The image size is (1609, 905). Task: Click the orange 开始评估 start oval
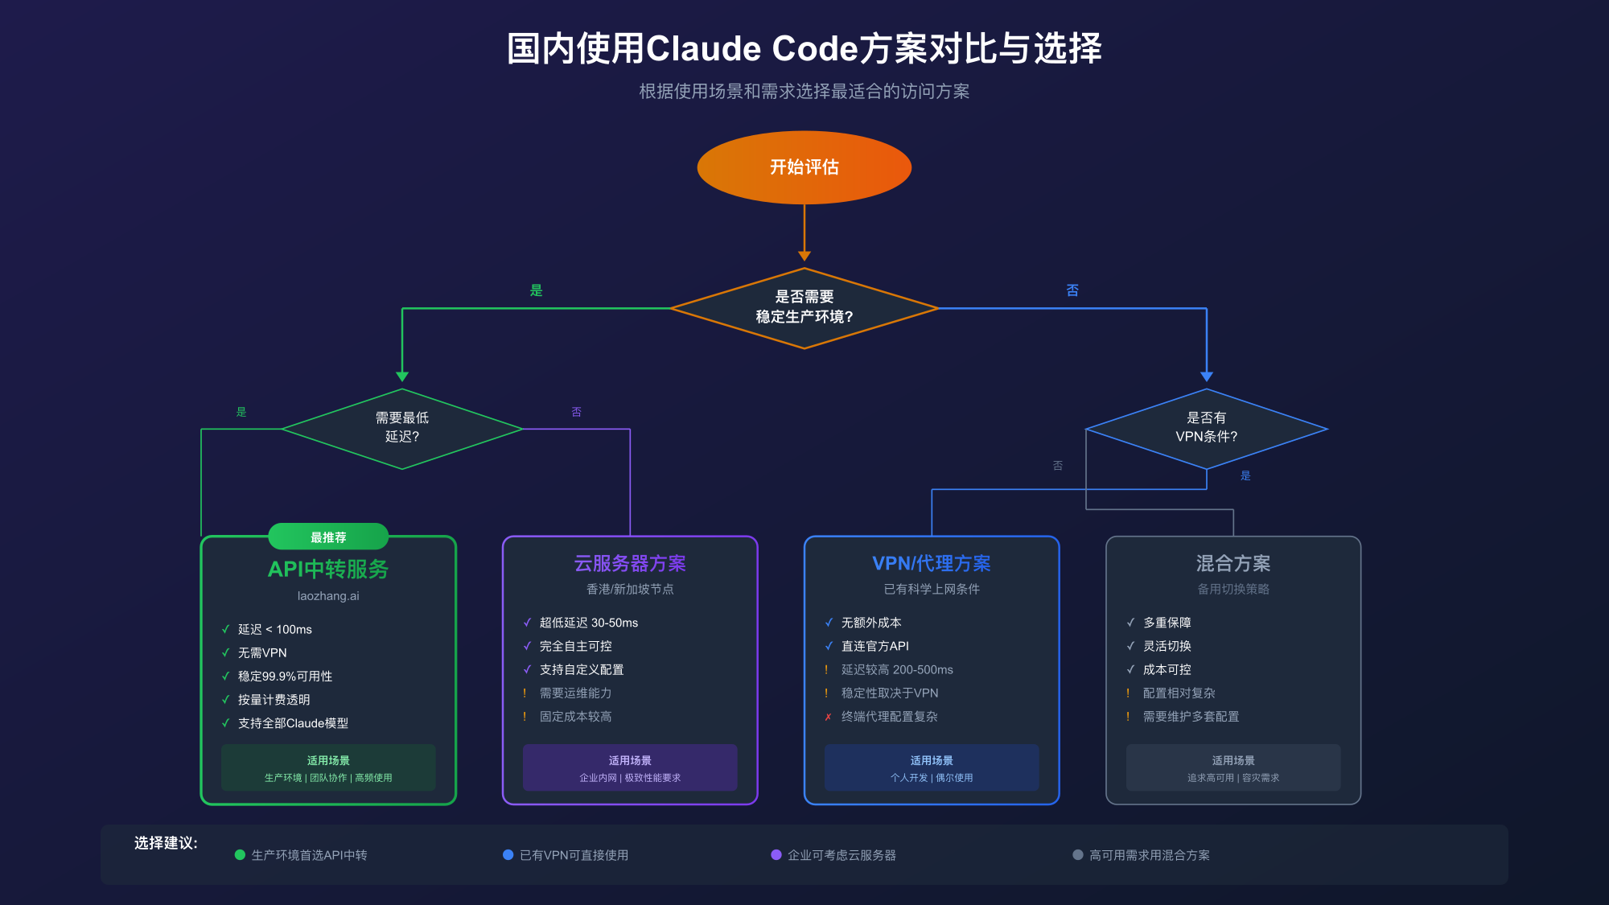(x=804, y=167)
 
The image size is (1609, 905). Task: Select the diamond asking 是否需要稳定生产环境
(x=804, y=307)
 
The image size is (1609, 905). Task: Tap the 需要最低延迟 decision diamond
(x=401, y=428)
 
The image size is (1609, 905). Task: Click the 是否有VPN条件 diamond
(x=1206, y=428)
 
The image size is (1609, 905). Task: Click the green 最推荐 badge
(x=328, y=537)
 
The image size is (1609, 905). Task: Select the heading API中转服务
(x=328, y=570)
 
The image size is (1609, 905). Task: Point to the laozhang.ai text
(x=328, y=596)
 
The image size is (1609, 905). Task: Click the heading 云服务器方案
(x=630, y=563)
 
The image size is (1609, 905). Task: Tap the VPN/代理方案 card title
(x=932, y=563)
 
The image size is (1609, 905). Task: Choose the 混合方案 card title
(x=1233, y=563)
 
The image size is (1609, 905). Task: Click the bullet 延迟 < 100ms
(x=274, y=630)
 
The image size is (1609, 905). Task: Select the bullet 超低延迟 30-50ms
(x=588, y=623)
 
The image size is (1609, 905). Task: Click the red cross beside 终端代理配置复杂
(x=828, y=717)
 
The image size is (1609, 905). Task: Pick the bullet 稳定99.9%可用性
(x=285, y=677)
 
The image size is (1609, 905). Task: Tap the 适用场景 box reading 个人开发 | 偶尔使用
(x=932, y=767)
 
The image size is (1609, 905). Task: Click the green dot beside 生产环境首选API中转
(x=240, y=855)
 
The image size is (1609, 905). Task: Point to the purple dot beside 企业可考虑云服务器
(x=776, y=855)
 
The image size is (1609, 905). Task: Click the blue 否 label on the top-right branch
(x=1072, y=290)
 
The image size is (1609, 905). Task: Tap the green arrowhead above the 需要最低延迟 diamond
(x=402, y=376)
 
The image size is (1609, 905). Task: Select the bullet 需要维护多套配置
(x=1191, y=717)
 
